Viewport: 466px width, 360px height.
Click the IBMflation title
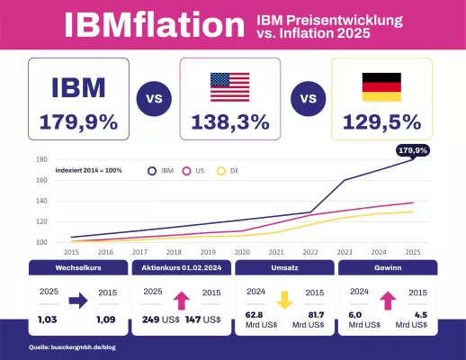tap(155, 24)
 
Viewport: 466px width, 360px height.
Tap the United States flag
tap(231, 86)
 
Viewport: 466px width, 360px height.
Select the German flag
tap(382, 86)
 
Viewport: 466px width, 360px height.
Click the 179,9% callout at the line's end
tap(413, 149)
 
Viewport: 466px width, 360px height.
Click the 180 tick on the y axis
tap(40, 159)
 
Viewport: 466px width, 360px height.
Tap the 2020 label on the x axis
tap(242, 253)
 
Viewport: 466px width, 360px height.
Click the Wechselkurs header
tap(76, 268)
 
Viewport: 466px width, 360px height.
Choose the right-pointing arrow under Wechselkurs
tap(77, 301)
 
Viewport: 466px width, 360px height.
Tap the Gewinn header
tap(388, 268)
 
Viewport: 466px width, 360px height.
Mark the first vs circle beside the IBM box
tap(154, 99)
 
